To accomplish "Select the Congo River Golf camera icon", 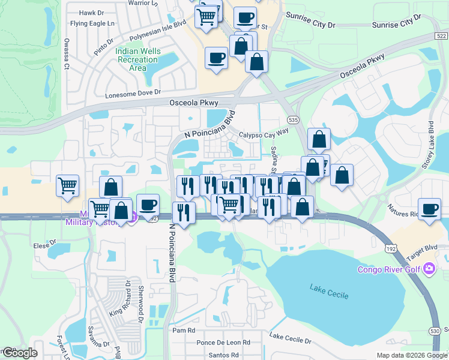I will [x=429, y=268].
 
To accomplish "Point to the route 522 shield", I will [x=441, y=37].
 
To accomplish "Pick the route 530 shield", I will [x=436, y=331].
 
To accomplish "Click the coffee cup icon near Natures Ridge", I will [x=429, y=209].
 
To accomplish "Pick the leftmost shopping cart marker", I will [x=67, y=185].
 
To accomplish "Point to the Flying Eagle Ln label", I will [x=92, y=23].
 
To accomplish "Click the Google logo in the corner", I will [x=19, y=353].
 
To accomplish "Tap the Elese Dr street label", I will [x=44, y=245].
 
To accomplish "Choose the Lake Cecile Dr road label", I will [x=291, y=340].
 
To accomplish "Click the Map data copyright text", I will [x=411, y=355].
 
